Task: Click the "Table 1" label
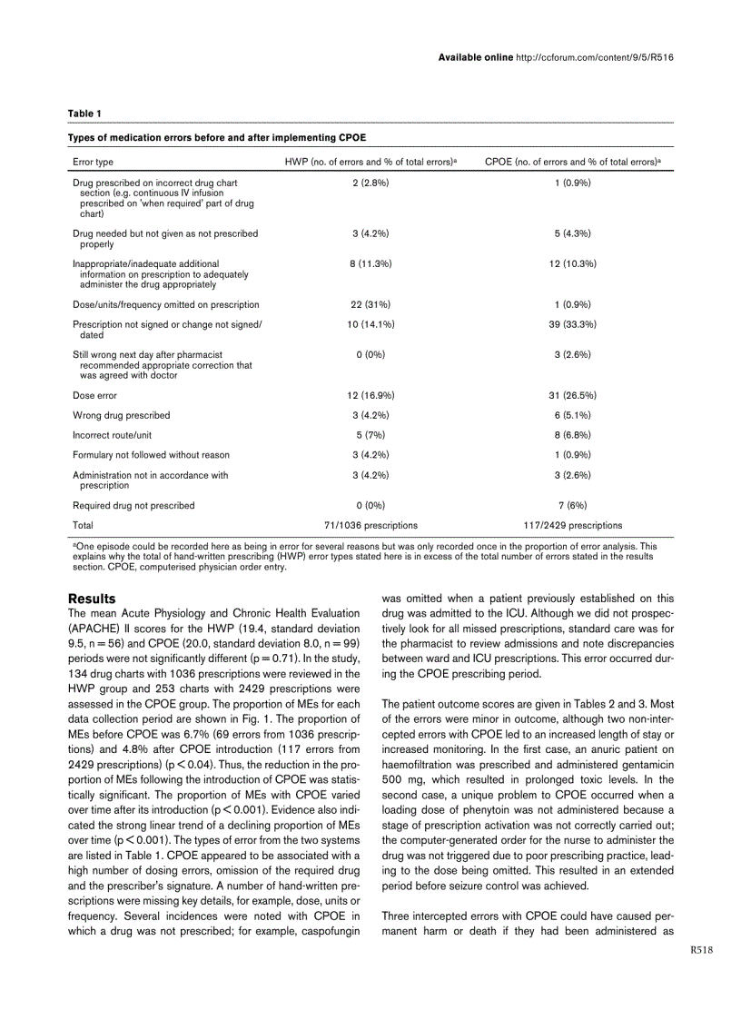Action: [x=84, y=113]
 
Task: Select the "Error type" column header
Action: [x=93, y=162]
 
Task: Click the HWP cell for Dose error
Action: [x=370, y=395]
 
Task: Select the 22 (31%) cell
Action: [x=370, y=304]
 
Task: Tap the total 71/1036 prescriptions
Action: [x=370, y=525]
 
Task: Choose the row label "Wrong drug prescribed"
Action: [x=121, y=415]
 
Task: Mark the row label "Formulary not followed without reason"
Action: [x=151, y=454]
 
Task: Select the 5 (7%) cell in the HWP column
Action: [x=370, y=435]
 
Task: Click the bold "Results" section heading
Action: [x=92, y=599]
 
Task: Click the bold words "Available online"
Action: [x=475, y=56]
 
